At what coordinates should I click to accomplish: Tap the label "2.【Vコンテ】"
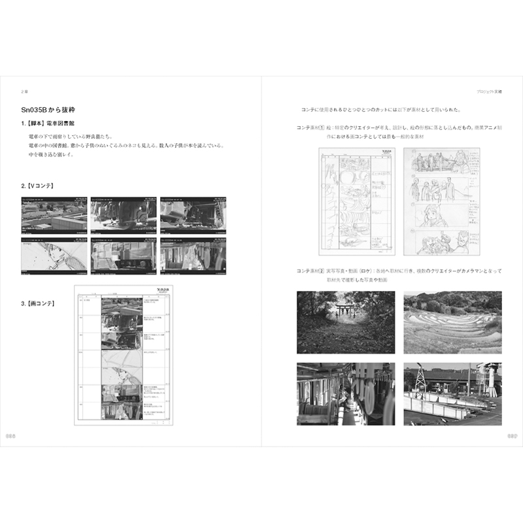point(41,186)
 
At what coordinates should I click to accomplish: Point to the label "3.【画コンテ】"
point(41,303)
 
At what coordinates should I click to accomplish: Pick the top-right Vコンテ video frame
point(194,214)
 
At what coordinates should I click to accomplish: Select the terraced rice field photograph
point(452,322)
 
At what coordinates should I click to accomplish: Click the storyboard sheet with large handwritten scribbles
point(358,201)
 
